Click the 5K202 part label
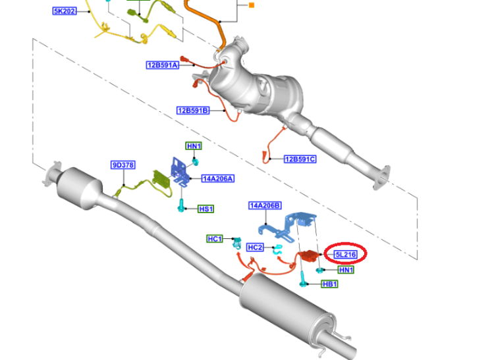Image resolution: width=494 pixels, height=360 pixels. [65, 11]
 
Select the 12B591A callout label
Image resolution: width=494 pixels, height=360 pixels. [163, 65]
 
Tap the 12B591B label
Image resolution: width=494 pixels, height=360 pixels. [193, 111]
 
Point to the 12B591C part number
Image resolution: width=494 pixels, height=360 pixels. [300, 159]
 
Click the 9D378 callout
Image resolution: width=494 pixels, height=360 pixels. [123, 165]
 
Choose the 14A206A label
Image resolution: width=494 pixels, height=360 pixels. [218, 179]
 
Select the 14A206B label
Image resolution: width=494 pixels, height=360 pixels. [265, 206]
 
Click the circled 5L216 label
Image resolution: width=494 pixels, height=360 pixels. [346, 254]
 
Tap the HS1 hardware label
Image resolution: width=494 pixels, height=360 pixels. [206, 209]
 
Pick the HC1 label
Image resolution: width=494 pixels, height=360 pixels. [215, 239]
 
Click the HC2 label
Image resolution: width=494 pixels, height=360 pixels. [255, 247]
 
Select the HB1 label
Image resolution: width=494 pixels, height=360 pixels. [330, 284]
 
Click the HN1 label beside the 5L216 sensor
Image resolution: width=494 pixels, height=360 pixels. [346, 270]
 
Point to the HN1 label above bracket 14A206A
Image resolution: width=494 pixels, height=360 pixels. [194, 146]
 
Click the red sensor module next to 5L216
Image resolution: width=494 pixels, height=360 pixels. [310, 255]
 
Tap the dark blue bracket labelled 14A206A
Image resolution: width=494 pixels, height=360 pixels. [180, 172]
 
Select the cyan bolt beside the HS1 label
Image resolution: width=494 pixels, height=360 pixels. [181, 205]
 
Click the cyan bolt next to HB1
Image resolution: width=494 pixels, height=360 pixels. [303, 280]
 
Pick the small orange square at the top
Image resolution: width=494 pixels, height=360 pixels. [252, 5]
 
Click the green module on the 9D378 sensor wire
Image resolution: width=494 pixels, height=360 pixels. [161, 178]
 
